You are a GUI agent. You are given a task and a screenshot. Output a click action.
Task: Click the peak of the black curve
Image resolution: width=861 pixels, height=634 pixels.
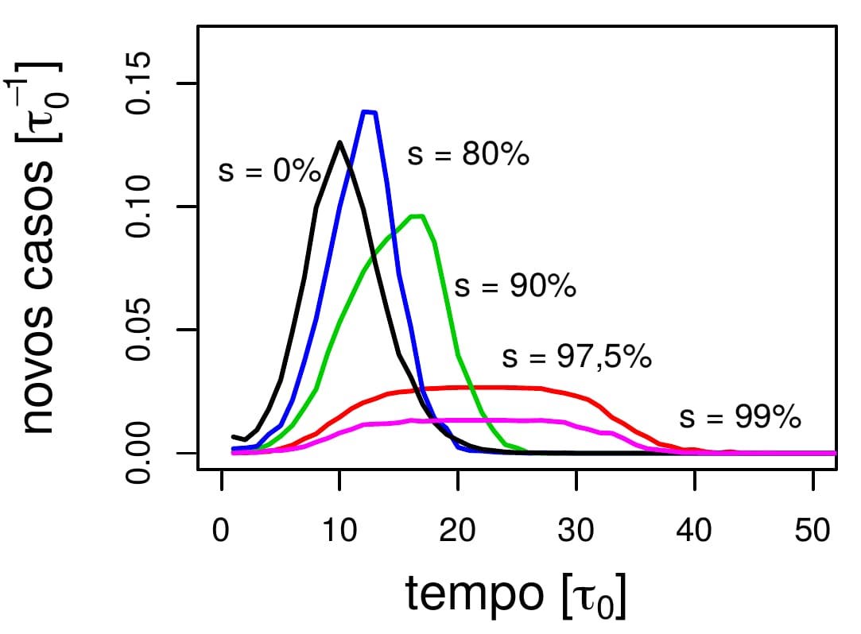(x=339, y=142)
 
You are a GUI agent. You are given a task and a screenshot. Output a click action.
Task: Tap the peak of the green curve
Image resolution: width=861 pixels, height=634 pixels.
(x=417, y=215)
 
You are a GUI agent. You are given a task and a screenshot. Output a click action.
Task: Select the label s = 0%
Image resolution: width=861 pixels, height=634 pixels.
(x=269, y=171)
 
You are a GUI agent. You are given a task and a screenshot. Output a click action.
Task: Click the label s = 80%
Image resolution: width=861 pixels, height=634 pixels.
(x=467, y=154)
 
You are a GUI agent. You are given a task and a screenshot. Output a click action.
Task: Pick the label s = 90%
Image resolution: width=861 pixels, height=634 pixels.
(x=514, y=286)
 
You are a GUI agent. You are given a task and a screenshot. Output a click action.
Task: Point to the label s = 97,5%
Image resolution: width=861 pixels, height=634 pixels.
(x=576, y=358)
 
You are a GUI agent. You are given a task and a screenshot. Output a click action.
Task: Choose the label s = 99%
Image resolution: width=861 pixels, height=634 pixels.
(x=739, y=418)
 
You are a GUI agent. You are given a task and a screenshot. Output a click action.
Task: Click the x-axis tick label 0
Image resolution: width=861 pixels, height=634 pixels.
(x=221, y=529)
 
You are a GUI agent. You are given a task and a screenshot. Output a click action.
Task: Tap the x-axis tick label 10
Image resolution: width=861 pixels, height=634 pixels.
(x=339, y=529)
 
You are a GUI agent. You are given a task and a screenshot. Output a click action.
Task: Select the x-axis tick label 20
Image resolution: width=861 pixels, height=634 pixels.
(x=458, y=529)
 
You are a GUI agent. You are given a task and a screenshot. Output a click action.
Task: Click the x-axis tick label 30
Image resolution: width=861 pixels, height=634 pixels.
(x=576, y=529)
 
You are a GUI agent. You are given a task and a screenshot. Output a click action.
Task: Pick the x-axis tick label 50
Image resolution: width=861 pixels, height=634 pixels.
(x=813, y=529)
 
